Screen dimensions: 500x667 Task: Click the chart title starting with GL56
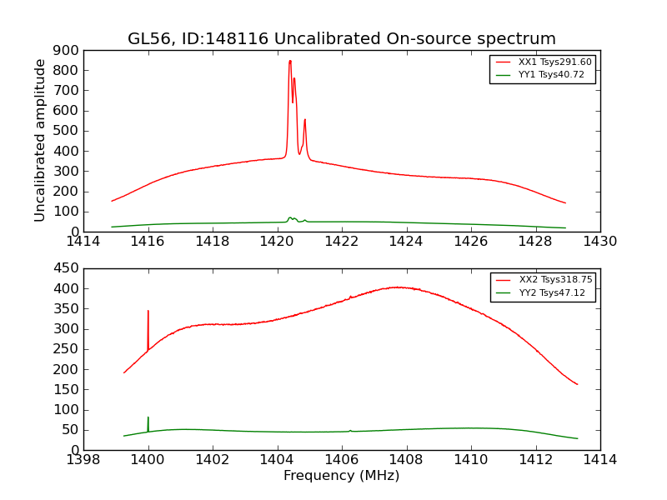point(342,39)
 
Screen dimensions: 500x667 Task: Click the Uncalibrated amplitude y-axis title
point(40,140)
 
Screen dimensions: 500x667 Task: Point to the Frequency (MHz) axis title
point(342,476)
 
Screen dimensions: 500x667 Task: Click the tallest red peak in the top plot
point(290,61)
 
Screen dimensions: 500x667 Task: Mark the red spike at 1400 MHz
point(148,312)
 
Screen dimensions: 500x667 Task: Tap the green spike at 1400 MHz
point(148,418)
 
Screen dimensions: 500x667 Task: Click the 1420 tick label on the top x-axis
point(277,242)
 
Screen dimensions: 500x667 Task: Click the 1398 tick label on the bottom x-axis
point(83,460)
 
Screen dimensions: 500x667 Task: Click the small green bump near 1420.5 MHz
point(291,218)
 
